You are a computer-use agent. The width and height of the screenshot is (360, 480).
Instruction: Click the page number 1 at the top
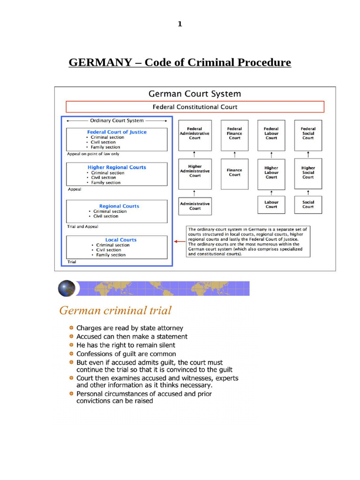(x=180, y=24)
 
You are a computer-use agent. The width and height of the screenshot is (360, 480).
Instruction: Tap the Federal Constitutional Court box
(x=195, y=107)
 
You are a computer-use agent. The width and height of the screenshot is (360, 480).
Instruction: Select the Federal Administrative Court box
(x=195, y=135)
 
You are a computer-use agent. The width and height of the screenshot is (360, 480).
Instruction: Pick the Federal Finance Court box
(x=234, y=135)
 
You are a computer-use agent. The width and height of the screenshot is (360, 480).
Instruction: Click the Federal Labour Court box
(x=271, y=135)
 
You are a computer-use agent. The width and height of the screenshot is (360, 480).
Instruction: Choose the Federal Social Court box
(x=308, y=135)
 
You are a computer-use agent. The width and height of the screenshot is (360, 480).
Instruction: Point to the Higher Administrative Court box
(x=195, y=173)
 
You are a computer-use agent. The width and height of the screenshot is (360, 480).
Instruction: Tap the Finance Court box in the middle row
(x=234, y=173)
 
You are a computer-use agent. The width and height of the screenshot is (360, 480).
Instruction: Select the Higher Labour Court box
(x=271, y=173)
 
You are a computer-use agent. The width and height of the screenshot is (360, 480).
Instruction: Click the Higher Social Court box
(x=308, y=173)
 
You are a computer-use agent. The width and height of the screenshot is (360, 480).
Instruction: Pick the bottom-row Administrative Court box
(x=195, y=206)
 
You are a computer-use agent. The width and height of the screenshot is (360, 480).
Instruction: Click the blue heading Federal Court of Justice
(x=117, y=132)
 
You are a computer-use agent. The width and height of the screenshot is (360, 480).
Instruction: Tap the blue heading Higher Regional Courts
(x=117, y=167)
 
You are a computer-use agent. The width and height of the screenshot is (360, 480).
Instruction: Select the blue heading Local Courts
(x=121, y=240)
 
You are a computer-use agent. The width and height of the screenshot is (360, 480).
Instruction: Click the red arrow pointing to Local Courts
(x=179, y=242)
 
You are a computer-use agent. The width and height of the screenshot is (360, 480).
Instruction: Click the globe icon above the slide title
(x=67, y=288)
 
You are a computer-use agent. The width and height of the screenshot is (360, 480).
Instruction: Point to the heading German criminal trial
(x=115, y=310)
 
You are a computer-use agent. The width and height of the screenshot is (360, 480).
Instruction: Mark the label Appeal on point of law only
(x=93, y=154)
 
